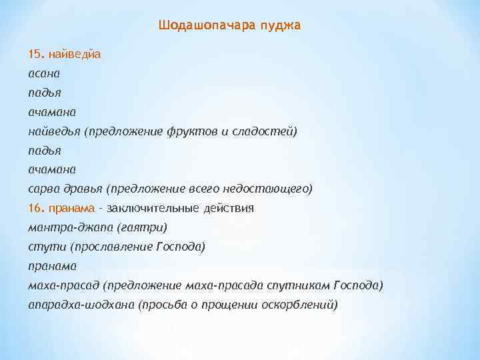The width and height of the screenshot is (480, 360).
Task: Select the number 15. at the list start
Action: point(36,53)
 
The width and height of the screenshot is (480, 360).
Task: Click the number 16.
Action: point(36,208)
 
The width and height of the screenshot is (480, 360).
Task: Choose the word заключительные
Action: point(158,208)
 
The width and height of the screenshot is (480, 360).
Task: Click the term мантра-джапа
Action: point(70,227)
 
